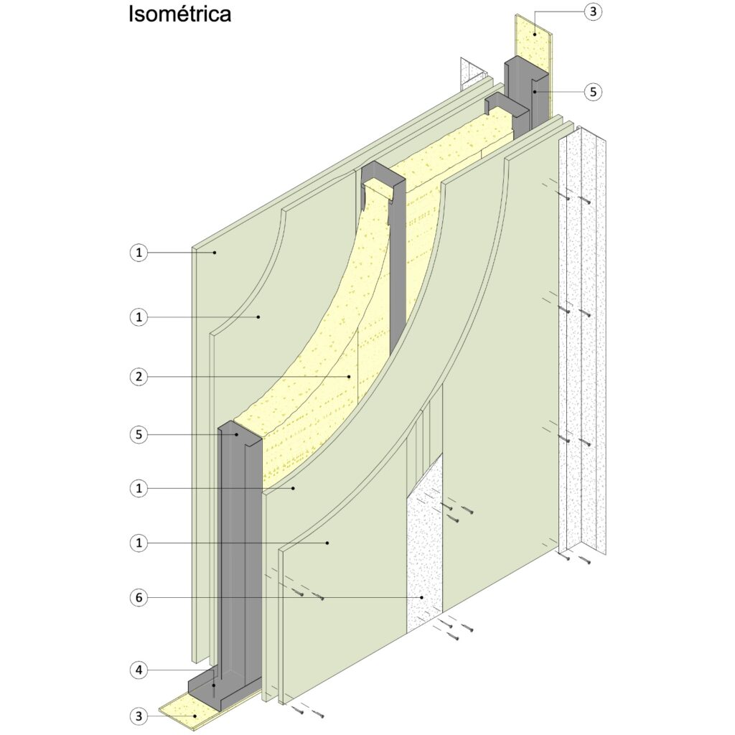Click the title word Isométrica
pyautogui.click(x=179, y=14)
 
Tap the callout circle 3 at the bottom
pyautogui.click(x=139, y=716)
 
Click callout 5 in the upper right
pyautogui.click(x=592, y=92)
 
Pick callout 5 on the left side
pyautogui.click(x=139, y=434)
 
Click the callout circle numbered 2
pyautogui.click(x=139, y=375)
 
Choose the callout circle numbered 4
pyautogui.click(x=139, y=670)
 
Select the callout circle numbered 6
pyautogui.click(x=139, y=596)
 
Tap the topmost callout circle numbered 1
pyautogui.click(x=139, y=252)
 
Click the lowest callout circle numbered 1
pyautogui.click(x=139, y=543)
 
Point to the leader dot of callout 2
pyautogui.click(x=350, y=375)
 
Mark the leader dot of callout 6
pyautogui.click(x=422, y=596)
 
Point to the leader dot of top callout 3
pyautogui.click(x=535, y=34)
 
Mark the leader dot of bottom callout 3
pyautogui.click(x=195, y=716)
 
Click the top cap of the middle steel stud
pyautogui.click(x=381, y=174)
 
